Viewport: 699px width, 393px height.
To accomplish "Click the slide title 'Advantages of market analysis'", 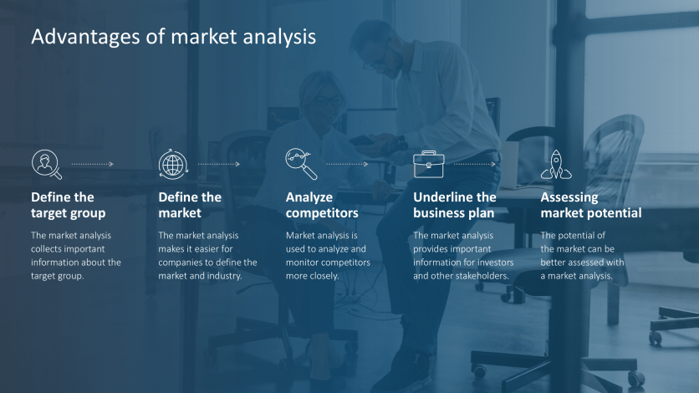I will (x=173, y=37).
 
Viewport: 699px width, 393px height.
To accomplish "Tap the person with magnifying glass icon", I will (x=46, y=164).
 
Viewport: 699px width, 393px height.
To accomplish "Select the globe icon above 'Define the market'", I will (x=173, y=164).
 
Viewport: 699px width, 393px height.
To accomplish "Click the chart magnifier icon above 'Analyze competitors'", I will (x=301, y=164).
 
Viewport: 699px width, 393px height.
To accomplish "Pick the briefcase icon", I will (x=428, y=164).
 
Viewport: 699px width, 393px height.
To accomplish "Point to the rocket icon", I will (x=555, y=164).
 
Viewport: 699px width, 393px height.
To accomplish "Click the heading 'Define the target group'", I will (x=68, y=205).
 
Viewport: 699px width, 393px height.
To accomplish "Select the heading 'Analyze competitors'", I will (x=322, y=205).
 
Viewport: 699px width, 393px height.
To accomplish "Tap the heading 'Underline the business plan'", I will (x=454, y=205).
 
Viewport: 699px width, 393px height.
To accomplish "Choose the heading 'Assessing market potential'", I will (x=590, y=205).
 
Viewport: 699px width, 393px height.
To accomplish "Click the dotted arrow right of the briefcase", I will (x=474, y=164).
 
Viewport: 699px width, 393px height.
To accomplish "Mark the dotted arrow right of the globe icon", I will (x=219, y=164).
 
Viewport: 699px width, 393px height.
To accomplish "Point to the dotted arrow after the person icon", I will (x=92, y=164).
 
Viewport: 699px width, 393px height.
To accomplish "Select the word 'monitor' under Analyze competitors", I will (x=304, y=263).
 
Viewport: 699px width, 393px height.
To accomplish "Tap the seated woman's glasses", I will (x=329, y=102).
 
